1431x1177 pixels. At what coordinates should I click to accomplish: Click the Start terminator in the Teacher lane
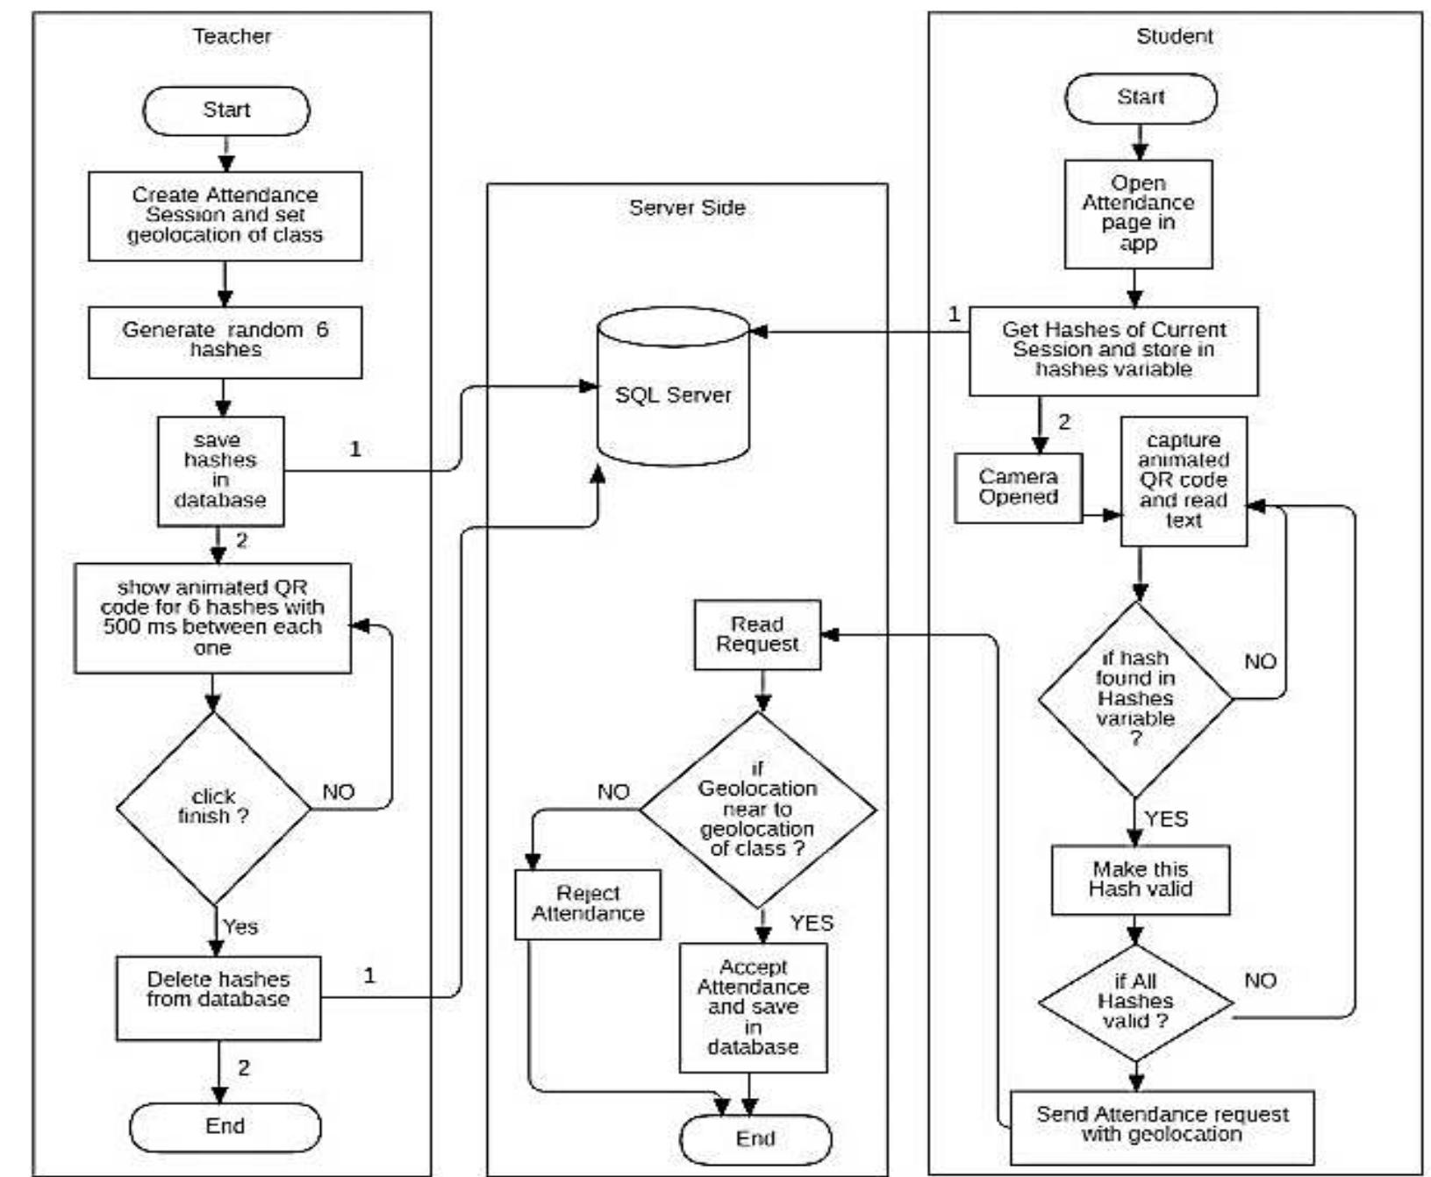coord(225,111)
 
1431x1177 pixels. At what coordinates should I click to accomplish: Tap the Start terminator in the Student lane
coord(1140,97)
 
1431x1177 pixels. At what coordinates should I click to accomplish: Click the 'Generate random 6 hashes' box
coord(225,341)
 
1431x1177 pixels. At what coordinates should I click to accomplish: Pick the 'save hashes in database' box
coord(220,471)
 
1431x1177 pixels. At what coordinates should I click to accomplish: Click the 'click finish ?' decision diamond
coord(213,807)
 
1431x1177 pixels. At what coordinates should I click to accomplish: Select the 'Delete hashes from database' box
coord(218,997)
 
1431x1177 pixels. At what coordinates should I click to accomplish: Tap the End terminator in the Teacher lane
coord(225,1126)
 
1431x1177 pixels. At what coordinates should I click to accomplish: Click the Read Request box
coord(757,634)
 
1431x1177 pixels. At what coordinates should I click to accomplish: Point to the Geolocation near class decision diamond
coord(757,810)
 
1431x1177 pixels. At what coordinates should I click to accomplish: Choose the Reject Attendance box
coord(588,904)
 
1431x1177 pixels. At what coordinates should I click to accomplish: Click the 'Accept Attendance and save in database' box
coord(753,1007)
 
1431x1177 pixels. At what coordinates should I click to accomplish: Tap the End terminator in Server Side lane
coord(755,1138)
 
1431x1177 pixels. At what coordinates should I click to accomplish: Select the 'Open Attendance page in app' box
coord(1138,213)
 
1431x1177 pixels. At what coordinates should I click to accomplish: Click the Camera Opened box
coord(1018,488)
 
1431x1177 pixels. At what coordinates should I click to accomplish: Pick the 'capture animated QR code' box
coord(1183,481)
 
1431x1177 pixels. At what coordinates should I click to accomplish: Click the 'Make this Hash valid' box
coord(1140,880)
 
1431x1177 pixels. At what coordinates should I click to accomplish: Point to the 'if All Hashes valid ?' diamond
coord(1135,1002)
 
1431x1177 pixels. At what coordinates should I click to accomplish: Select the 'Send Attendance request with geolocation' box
coord(1162,1125)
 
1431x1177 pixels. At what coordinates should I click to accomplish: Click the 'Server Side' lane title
coord(687,208)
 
